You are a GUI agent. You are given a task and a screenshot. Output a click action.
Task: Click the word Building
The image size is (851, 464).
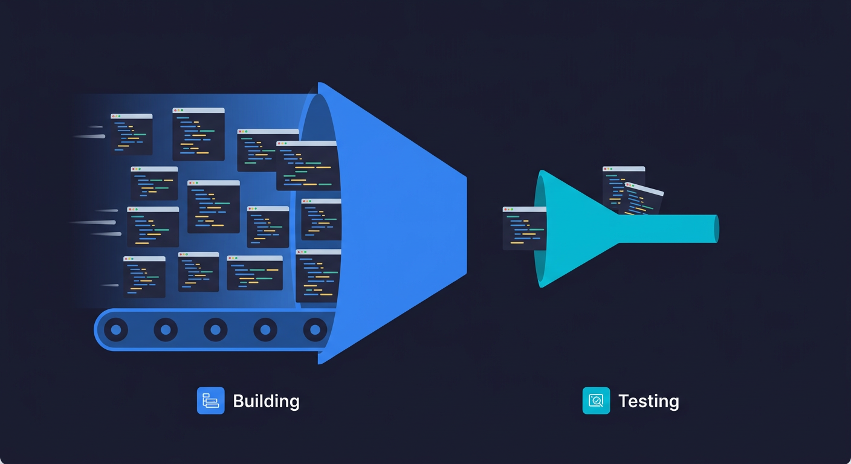tap(266, 401)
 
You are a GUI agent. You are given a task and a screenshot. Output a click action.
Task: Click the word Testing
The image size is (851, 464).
tap(649, 401)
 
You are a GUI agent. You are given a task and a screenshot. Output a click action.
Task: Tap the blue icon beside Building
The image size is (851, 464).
tap(210, 401)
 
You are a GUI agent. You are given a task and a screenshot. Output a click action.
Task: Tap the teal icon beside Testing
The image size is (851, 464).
tap(596, 401)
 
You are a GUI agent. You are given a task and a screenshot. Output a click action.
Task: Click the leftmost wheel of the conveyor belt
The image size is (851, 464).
tap(116, 330)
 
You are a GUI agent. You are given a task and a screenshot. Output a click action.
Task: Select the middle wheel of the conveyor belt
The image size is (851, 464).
tap(215, 330)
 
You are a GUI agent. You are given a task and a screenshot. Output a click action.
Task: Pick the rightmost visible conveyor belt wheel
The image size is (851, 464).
tap(314, 330)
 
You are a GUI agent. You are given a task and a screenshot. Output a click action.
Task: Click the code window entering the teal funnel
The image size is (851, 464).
tap(523, 228)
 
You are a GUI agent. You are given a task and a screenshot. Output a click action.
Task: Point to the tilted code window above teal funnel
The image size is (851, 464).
tap(642, 199)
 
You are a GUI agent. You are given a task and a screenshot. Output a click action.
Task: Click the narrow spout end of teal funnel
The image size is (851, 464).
tap(716, 228)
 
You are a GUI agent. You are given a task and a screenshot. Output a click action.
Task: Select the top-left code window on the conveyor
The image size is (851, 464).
tap(131, 134)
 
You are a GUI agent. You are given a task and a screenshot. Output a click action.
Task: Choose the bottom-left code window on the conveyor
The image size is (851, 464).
tap(144, 277)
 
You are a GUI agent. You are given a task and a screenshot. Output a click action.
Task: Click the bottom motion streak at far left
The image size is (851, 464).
tap(109, 285)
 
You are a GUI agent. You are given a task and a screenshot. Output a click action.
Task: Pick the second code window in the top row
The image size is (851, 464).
tap(198, 134)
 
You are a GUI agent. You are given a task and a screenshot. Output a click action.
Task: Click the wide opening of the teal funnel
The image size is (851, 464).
tap(540, 229)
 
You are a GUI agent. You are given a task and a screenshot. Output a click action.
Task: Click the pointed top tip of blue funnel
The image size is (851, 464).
tap(320, 85)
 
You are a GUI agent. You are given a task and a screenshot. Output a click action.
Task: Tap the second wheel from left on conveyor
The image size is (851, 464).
tap(166, 330)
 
